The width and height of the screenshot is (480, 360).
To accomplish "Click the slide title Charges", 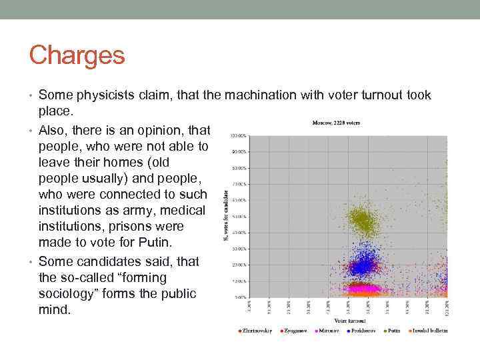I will pos(77,55).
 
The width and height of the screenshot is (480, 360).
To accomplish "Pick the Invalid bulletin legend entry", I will pos(429,331).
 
